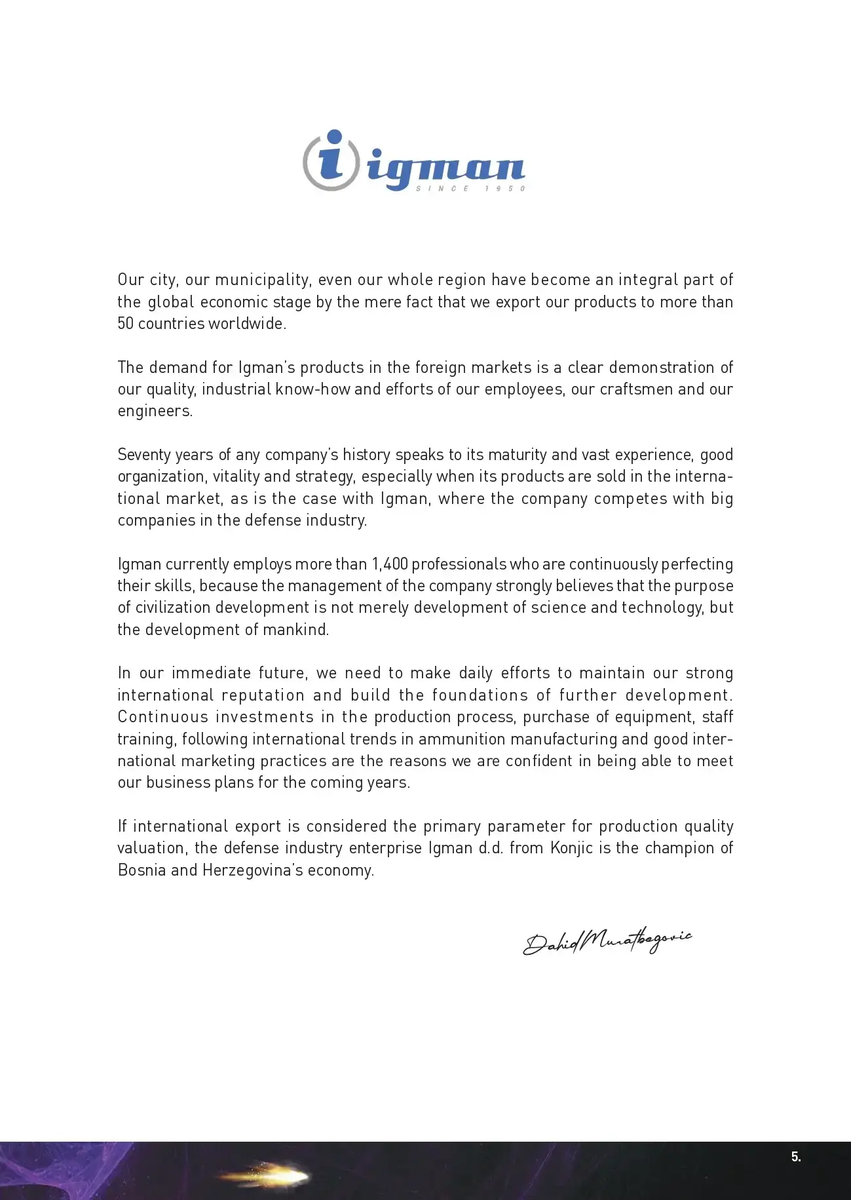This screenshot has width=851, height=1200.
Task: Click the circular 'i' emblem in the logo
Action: click(331, 161)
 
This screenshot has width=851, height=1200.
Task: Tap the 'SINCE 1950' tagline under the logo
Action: click(470, 189)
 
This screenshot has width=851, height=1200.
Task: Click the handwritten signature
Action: click(607, 941)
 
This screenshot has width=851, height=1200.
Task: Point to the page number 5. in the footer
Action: click(796, 1157)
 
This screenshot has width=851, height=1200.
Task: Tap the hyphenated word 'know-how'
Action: click(313, 389)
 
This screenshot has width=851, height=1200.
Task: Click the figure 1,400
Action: click(390, 564)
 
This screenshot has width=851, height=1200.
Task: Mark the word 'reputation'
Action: click(263, 695)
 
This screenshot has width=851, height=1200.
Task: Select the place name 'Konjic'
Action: click(572, 848)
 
